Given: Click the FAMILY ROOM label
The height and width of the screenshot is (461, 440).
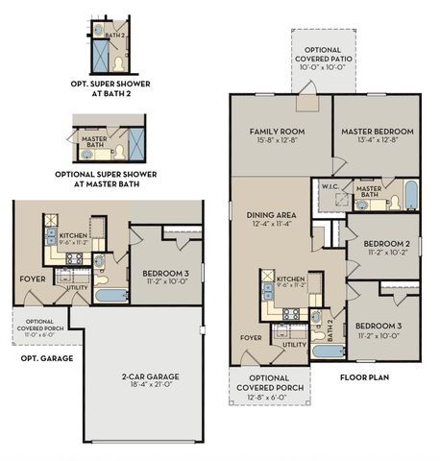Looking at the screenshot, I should (279, 132).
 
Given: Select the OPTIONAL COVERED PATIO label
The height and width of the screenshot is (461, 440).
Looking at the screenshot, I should (328, 56).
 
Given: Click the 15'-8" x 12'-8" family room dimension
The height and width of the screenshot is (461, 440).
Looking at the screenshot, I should (279, 142).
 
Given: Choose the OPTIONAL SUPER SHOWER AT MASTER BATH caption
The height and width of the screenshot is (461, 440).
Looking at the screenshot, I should (106, 180).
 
